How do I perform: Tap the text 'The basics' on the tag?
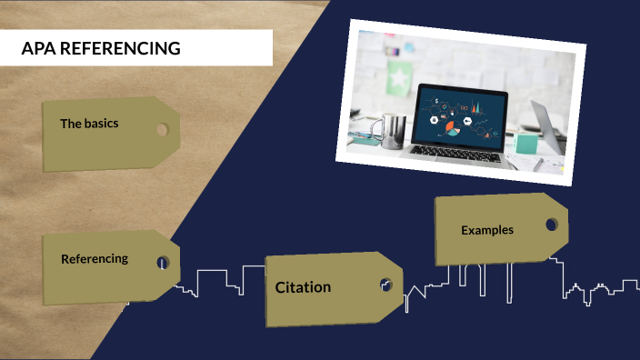pos(89,123)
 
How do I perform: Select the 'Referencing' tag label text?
pos(95,258)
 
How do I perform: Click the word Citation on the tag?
pos(303,287)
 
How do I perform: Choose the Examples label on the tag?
pos(486,230)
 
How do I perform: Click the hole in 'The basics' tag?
pos(162,129)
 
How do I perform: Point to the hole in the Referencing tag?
pos(162,263)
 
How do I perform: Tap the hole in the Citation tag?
pos(385,285)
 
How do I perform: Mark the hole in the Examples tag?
pos(551,224)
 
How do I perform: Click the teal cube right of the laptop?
pos(526,143)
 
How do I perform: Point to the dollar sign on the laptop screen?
pos(436,99)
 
